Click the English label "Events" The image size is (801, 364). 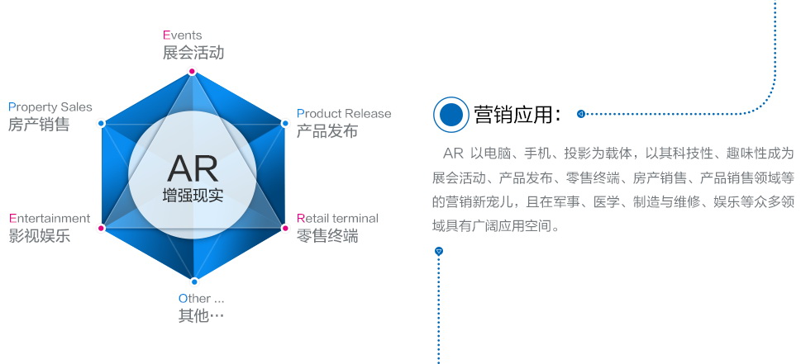click(183, 35)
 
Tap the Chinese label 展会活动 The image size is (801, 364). click(193, 53)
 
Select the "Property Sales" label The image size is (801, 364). click(50, 107)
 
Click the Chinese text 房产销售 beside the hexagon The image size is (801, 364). click(39, 125)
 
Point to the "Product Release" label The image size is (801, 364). click(344, 114)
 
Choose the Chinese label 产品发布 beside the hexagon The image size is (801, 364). click(327, 131)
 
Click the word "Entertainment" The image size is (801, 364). click(50, 219)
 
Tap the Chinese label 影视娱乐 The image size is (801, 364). click(40, 236)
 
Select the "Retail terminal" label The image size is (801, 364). click(337, 219)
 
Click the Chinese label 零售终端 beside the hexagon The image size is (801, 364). click(327, 236)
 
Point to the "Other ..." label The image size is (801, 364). click(201, 298)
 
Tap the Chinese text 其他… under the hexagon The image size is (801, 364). click(201, 316)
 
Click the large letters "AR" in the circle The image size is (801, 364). click(193, 168)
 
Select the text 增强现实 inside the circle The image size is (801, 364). click(193, 196)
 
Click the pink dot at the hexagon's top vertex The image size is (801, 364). click(192, 71)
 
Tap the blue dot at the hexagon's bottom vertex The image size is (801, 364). click(194, 281)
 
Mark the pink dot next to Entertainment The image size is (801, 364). click(101, 228)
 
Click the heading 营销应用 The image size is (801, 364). click(517, 115)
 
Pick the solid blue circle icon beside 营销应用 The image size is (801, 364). click(451, 115)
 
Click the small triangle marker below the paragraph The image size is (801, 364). click(438, 251)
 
